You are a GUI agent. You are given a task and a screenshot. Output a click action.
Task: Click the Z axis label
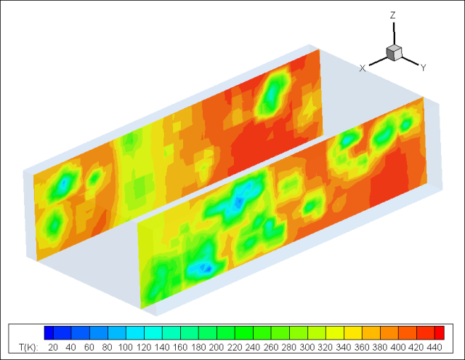coord(392,15)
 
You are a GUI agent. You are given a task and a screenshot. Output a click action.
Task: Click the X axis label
coord(362,68)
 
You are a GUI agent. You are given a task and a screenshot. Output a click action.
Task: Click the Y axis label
coord(424,68)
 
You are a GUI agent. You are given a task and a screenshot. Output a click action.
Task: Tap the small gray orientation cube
coord(394,53)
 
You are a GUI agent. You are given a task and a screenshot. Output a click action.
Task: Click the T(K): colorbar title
coord(28,347)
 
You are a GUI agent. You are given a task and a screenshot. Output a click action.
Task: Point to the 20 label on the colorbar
coord(53,347)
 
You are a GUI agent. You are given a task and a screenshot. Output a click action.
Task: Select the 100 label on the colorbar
coord(125,347)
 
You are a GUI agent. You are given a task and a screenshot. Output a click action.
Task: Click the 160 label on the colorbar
coord(179,347)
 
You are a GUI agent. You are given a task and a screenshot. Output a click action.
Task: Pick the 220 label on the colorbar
coord(234,347)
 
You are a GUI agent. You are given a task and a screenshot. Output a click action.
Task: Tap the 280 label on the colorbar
coord(289,347)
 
